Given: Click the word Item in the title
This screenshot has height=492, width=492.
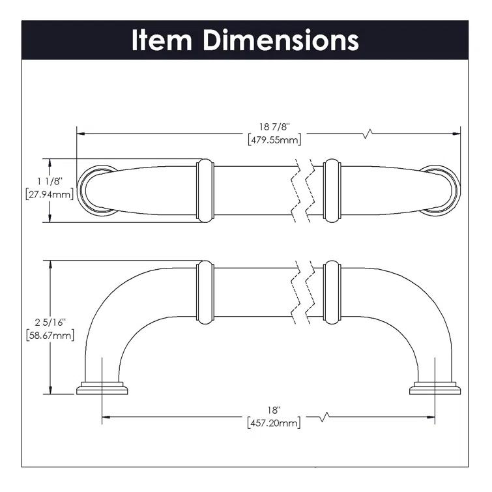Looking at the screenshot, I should [x=162, y=40].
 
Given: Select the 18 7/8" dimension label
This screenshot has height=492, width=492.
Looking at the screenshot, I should [x=274, y=126].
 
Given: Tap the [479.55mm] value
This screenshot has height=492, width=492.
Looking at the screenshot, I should [x=274, y=139].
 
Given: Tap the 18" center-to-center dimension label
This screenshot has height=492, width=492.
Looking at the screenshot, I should [x=274, y=411].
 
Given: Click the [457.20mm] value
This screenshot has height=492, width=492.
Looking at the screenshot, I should [x=274, y=424].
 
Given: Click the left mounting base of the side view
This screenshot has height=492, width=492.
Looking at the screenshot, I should [x=102, y=388].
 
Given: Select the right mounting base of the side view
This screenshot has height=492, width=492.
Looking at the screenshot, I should [x=435, y=388].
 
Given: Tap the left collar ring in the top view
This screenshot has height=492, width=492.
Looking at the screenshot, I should [x=205, y=188].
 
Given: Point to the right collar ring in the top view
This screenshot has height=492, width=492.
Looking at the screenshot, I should [x=332, y=188].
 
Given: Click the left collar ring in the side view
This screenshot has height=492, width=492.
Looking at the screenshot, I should [x=205, y=292].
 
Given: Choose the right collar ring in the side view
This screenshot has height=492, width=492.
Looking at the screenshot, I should [x=332, y=292].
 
